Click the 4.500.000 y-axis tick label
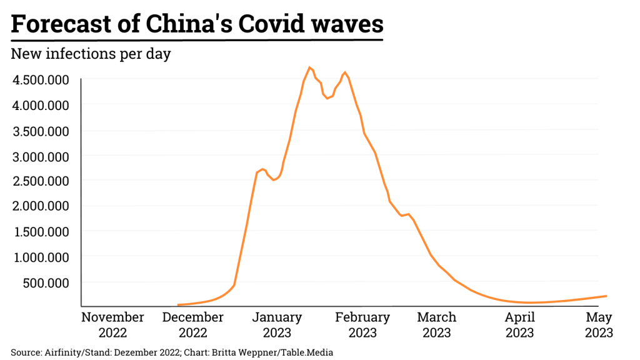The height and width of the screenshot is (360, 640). [x=41, y=80]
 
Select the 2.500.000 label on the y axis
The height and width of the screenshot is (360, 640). [x=41, y=181]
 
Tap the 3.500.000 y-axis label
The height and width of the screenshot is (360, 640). [x=41, y=131]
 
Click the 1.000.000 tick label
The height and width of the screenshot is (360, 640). [x=41, y=257]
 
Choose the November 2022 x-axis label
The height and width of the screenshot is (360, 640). [x=112, y=325]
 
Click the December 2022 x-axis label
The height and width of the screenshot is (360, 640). [x=192, y=325]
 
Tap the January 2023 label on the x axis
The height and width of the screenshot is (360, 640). [x=277, y=325]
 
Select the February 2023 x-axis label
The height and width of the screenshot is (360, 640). [x=362, y=325]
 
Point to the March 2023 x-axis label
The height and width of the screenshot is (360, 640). [x=436, y=325]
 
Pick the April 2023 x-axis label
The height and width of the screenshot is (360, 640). [x=519, y=325]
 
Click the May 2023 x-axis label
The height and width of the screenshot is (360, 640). [x=599, y=325]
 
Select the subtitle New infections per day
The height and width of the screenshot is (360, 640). [x=91, y=54]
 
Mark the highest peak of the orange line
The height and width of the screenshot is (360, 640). [x=310, y=67]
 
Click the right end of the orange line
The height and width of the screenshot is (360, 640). [x=606, y=296]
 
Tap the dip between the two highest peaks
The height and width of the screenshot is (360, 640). [x=327, y=98]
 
